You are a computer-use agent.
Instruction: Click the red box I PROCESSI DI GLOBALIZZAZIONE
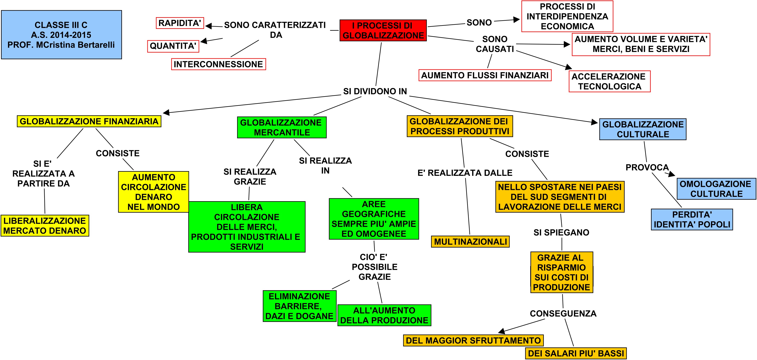pyautogui.click(x=383, y=30)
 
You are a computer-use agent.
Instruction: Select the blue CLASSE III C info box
pyautogui.click(x=61, y=35)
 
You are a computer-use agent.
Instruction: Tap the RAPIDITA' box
pyautogui.click(x=179, y=23)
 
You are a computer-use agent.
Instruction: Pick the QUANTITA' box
pyautogui.click(x=173, y=46)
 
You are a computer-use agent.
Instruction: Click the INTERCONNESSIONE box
pyautogui.click(x=218, y=64)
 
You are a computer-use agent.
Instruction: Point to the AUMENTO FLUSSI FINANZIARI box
pyautogui.click(x=485, y=75)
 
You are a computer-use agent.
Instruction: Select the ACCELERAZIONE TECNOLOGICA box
pyautogui.click(x=609, y=81)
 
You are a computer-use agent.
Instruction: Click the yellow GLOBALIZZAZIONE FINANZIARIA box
pyautogui.click(x=89, y=121)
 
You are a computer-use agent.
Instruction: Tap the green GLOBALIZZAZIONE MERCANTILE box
pyautogui.click(x=282, y=128)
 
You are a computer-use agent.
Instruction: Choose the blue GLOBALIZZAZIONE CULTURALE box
pyautogui.click(x=643, y=129)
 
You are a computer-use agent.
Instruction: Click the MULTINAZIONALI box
pyautogui.click(x=470, y=242)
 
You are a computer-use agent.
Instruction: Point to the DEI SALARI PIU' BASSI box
pyautogui.click(x=576, y=353)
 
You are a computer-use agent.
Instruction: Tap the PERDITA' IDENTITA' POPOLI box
pyautogui.click(x=692, y=220)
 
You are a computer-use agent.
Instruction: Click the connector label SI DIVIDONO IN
pyautogui.click(x=375, y=91)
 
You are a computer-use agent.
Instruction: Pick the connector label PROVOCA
pyautogui.click(x=647, y=167)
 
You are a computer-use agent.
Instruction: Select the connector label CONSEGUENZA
pyautogui.click(x=563, y=314)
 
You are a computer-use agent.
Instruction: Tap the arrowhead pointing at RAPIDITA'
pyautogui.click(x=208, y=26)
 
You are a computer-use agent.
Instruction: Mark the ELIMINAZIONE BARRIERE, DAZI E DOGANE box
pyautogui.click(x=299, y=306)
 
